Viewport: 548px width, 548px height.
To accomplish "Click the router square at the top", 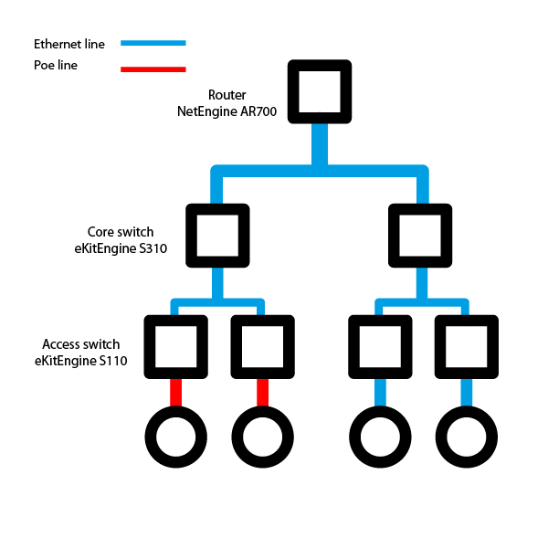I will [x=320, y=91].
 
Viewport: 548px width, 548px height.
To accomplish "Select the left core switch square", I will [x=217, y=236].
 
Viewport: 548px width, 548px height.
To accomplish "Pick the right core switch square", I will [x=420, y=236].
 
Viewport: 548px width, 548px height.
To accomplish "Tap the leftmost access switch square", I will [x=176, y=347].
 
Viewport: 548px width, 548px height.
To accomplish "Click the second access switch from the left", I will [x=263, y=347].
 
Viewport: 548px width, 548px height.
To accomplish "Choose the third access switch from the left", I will [x=380, y=347].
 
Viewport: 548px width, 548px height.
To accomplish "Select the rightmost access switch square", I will [x=466, y=347].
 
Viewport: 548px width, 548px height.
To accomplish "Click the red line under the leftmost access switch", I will [x=176, y=394].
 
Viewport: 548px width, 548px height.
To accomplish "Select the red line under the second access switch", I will [x=263, y=394].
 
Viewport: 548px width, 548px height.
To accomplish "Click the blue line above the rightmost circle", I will [x=466, y=394].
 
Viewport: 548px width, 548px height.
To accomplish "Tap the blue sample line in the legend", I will [x=153, y=43].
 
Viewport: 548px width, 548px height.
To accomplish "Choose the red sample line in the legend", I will [x=153, y=68].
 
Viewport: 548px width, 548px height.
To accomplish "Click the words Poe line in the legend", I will [x=56, y=66].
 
